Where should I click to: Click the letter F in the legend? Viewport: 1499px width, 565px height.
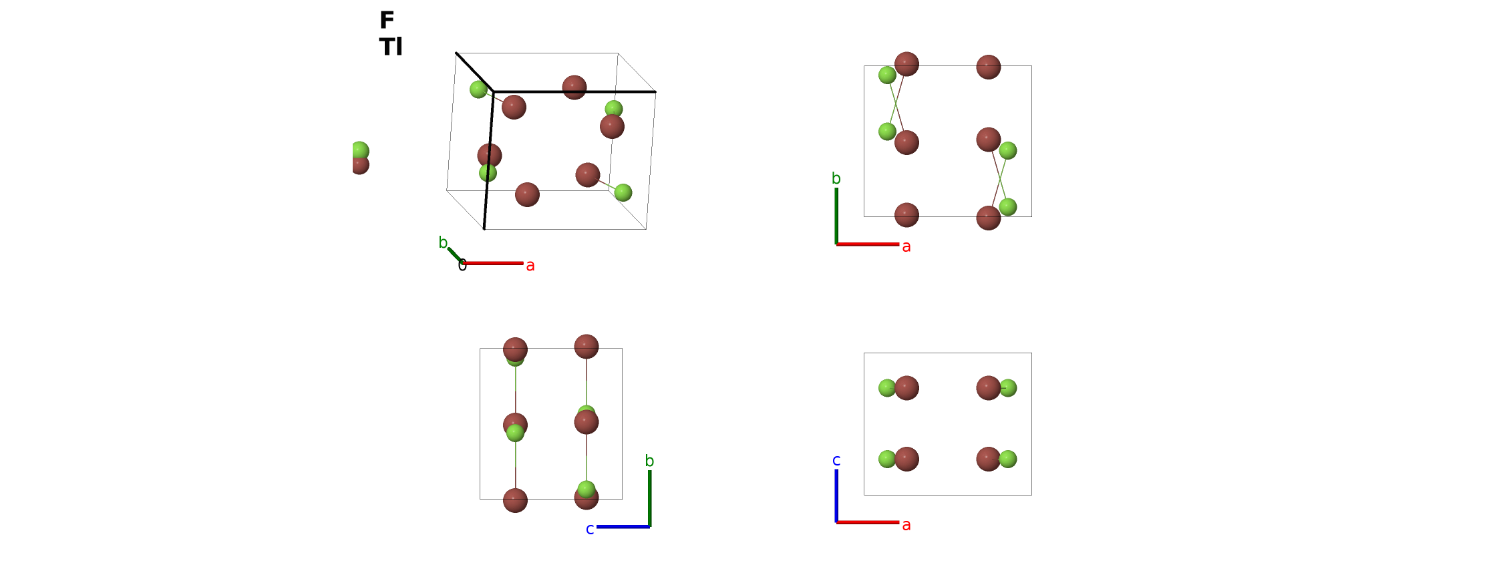(x=387, y=20)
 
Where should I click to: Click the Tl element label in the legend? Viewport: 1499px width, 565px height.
(x=391, y=47)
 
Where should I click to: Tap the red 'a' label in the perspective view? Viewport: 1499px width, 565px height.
(x=530, y=266)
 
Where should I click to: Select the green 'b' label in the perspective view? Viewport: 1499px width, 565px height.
(x=443, y=242)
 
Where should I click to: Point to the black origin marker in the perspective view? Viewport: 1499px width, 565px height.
(x=462, y=265)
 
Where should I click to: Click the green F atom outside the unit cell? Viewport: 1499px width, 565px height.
(x=359, y=151)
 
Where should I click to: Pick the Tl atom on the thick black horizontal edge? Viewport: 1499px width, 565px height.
(x=574, y=87)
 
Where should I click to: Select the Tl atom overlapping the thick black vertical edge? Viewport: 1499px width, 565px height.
(x=490, y=156)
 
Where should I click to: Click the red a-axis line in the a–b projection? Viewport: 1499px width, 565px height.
(x=868, y=244)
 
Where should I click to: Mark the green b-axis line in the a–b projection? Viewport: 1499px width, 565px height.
(x=836, y=216)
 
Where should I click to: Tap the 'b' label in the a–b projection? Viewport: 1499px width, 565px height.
(x=836, y=178)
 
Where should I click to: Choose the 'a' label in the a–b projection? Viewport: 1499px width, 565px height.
(x=906, y=247)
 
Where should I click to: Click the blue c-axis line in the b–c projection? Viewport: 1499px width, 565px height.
(x=623, y=527)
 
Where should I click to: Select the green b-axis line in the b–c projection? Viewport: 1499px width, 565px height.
(x=650, y=499)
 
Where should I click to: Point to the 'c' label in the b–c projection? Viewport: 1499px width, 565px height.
(x=590, y=530)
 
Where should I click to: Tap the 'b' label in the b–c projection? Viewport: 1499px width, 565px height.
(x=649, y=461)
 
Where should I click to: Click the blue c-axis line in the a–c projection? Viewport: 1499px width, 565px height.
(x=836, y=496)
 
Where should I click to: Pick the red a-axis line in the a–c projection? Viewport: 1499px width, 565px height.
(x=868, y=522)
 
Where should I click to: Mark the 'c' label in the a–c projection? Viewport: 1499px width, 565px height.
(x=836, y=460)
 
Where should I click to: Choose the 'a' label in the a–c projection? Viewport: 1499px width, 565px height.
(x=906, y=526)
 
